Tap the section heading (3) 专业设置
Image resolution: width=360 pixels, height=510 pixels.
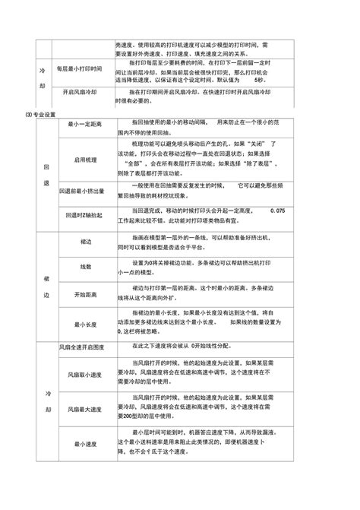(x=38, y=114)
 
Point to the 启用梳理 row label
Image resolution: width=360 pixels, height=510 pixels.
(x=85, y=159)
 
